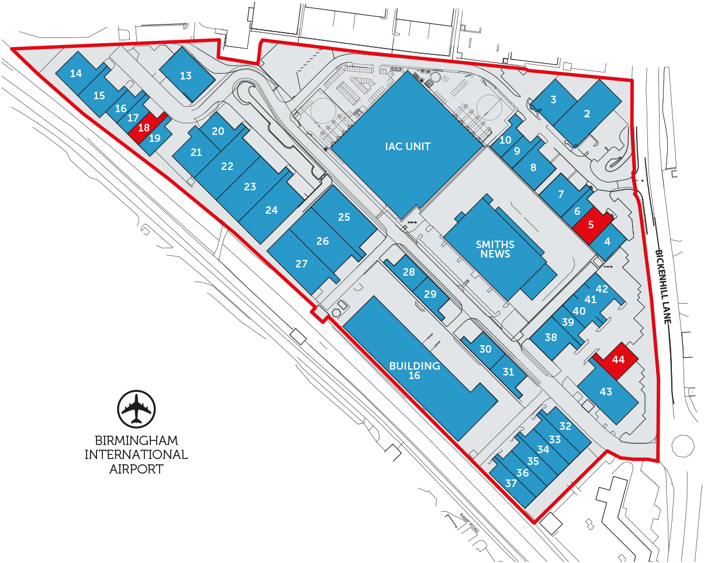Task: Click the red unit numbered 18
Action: click(x=144, y=127)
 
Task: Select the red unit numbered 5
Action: click(x=591, y=223)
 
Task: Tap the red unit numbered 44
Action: click(x=618, y=360)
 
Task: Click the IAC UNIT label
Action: click(x=408, y=146)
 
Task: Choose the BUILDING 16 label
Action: click(x=415, y=370)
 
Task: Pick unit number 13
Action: click(x=185, y=75)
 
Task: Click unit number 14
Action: click(x=76, y=73)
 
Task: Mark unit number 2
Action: click(x=587, y=114)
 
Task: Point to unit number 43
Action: click(x=606, y=391)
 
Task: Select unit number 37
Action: click(x=511, y=483)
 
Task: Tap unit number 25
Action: click(x=344, y=217)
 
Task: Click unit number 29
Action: click(x=430, y=294)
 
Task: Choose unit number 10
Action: click(x=505, y=140)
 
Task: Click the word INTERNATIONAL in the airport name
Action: click(x=136, y=454)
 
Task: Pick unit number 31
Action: click(x=508, y=371)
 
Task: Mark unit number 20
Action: click(x=218, y=131)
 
